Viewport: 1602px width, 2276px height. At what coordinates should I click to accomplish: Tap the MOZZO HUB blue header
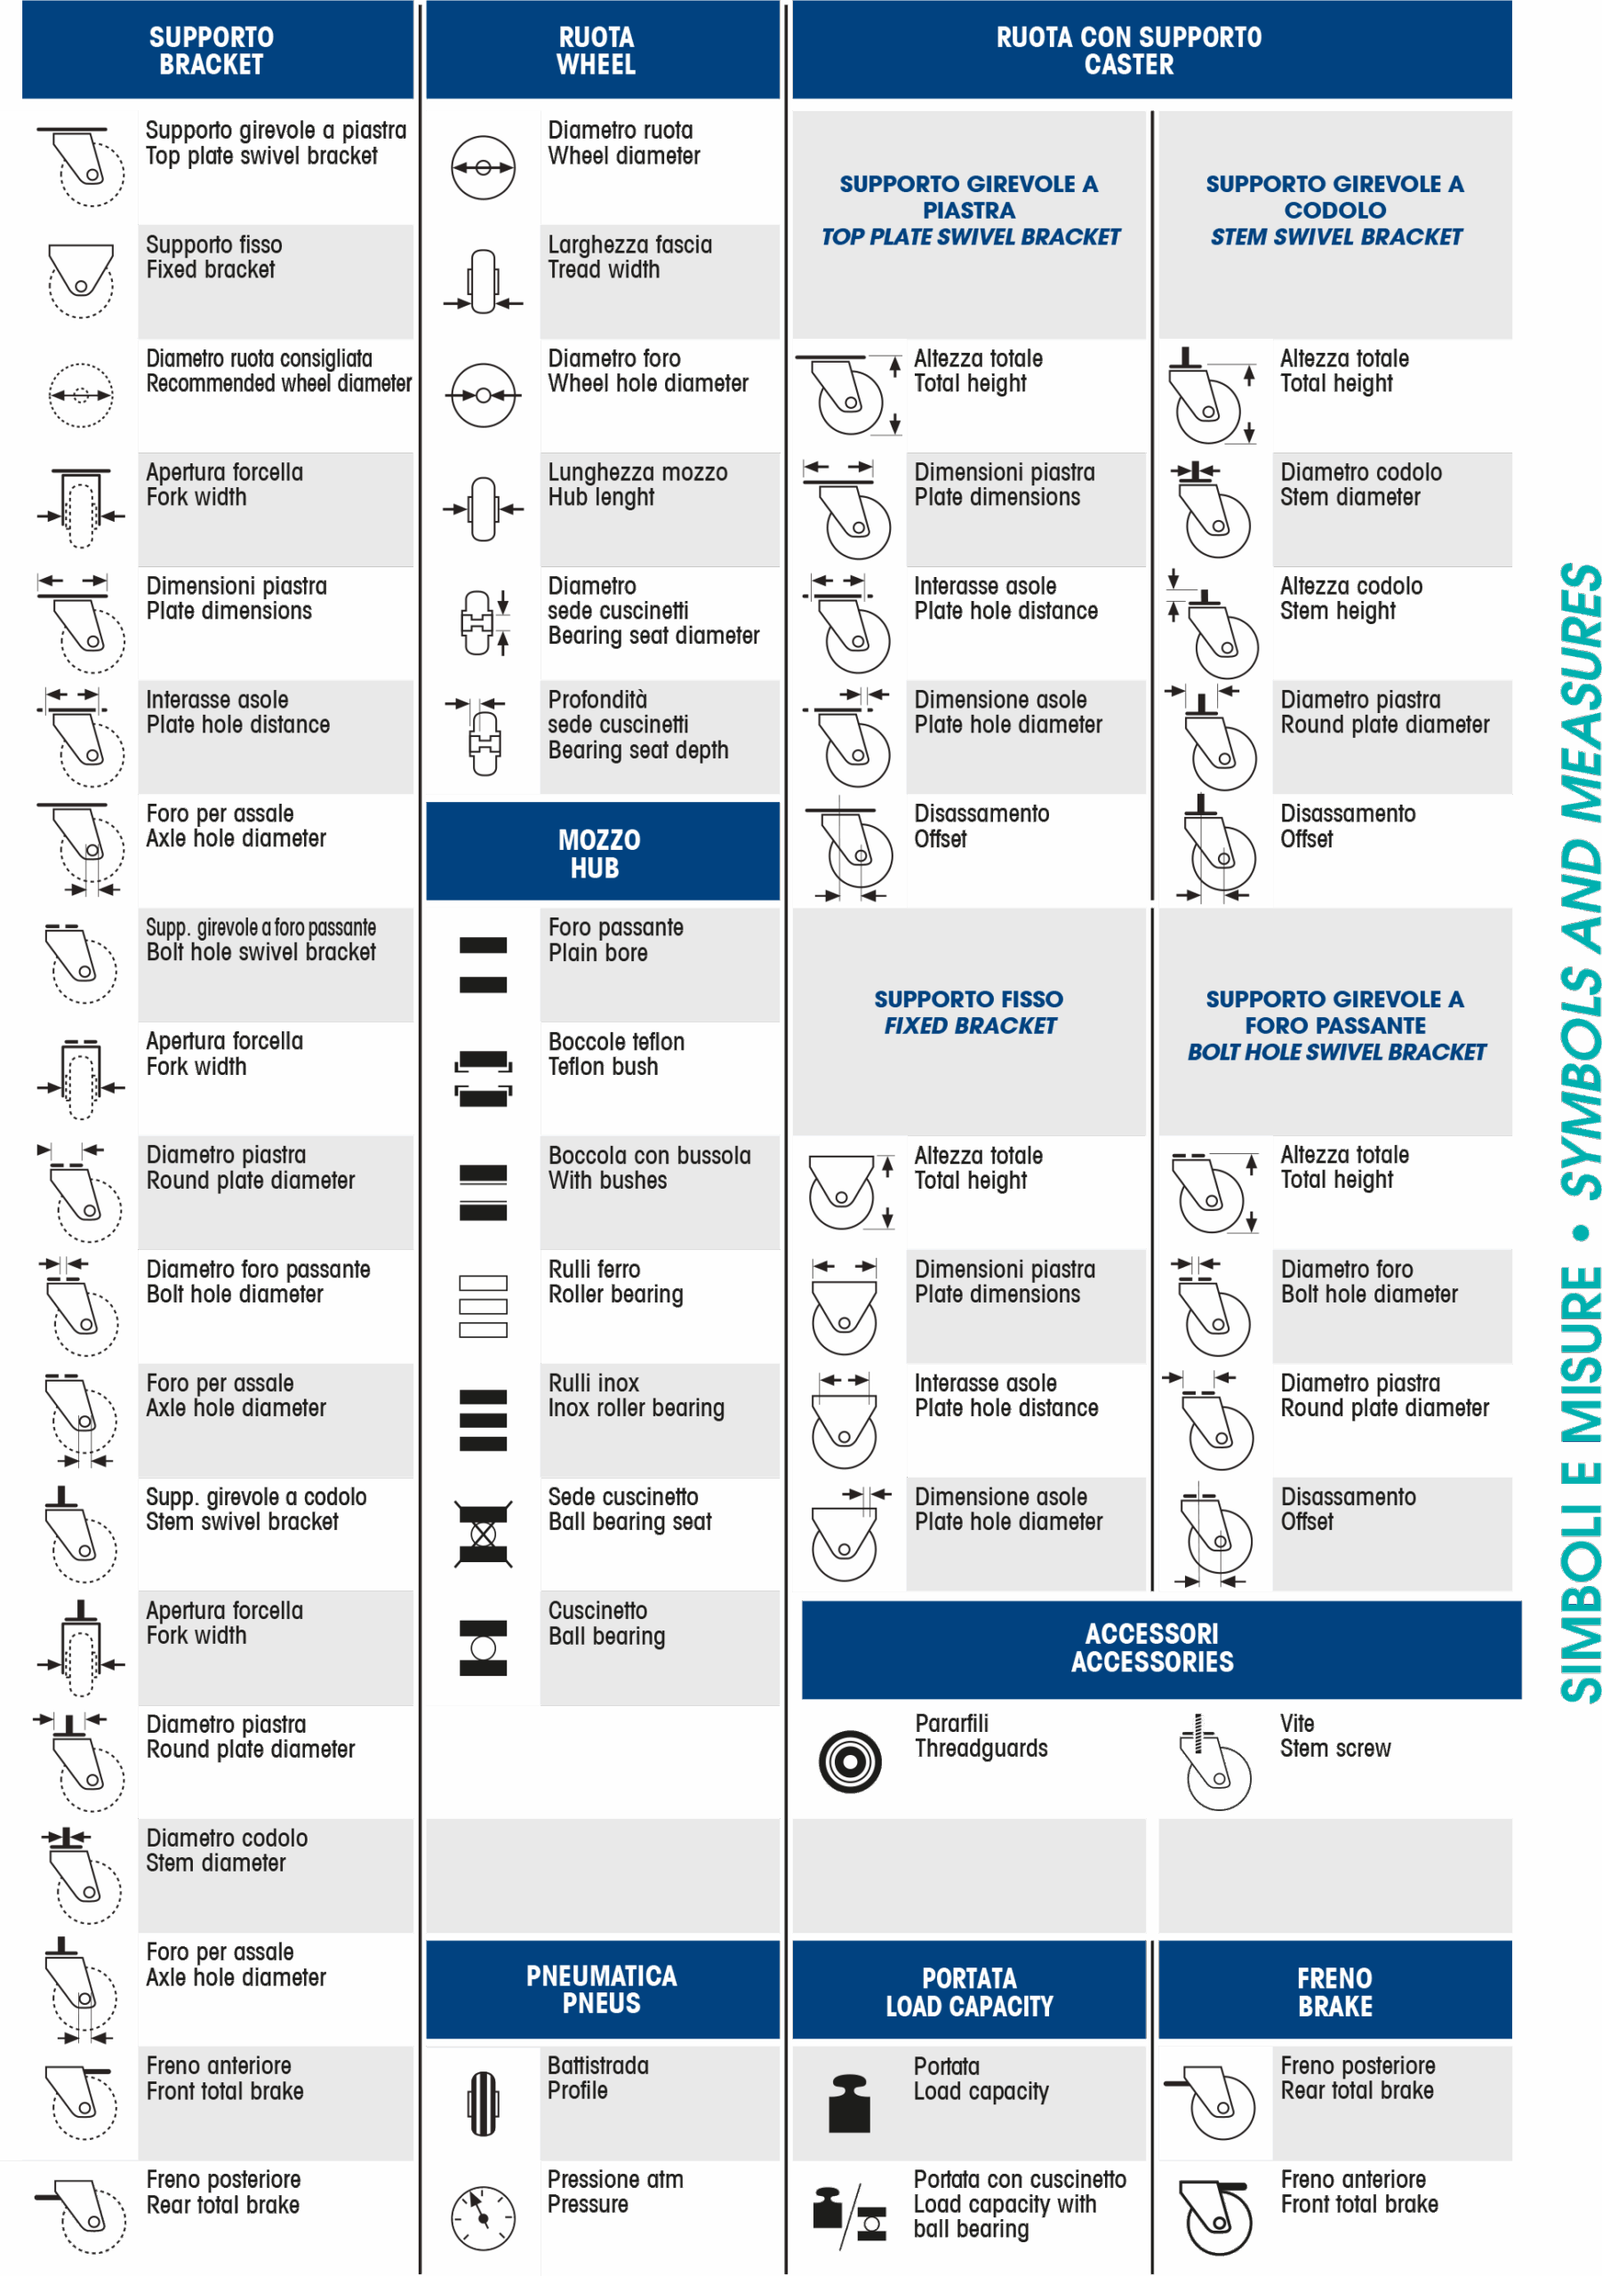[602, 852]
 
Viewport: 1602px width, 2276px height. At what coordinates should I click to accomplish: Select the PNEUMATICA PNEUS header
[602, 1988]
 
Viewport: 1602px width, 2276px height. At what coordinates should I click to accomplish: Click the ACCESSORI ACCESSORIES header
[1161, 1648]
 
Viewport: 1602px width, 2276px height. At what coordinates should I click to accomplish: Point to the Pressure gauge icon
[483, 2217]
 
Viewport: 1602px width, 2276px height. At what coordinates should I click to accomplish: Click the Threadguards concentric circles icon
[850, 1761]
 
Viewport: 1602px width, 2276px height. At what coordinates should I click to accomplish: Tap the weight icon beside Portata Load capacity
[849, 2103]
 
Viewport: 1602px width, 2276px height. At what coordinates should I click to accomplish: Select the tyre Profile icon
[483, 2103]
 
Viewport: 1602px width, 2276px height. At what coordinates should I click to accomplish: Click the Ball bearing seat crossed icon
[483, 1535]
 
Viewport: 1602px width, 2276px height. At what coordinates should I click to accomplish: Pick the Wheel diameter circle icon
[483, 167]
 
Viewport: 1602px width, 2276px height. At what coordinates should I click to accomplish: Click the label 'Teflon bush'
[603, 1067]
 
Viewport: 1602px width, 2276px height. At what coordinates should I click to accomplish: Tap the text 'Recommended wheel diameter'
[278, 383]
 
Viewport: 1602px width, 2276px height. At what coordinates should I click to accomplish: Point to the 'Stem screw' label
[1334, 1749]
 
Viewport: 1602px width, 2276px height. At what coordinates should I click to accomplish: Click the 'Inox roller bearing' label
[637, 1407]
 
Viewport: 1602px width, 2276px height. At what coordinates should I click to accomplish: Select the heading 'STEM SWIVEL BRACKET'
[1335, 236]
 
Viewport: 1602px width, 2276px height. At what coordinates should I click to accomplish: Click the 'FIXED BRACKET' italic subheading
[970, 1026]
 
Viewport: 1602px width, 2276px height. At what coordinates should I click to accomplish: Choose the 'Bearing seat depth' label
[637, 750]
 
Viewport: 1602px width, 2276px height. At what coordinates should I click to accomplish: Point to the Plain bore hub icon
[483, 965]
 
